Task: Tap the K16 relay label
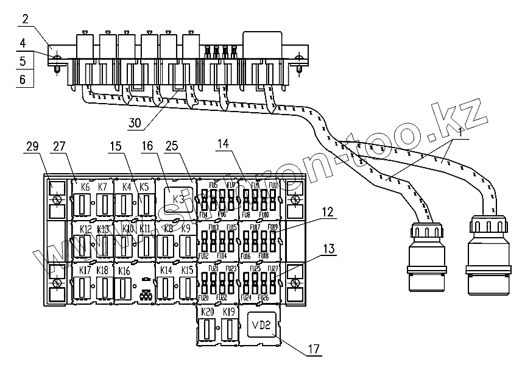[x=124, y=270]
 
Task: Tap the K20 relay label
[x=208, y=312]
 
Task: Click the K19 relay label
[x=229, y=312]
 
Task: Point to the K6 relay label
[x=85, y=187]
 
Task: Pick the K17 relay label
[x=85, y=270]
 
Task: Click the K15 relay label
[x=187, y=270]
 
